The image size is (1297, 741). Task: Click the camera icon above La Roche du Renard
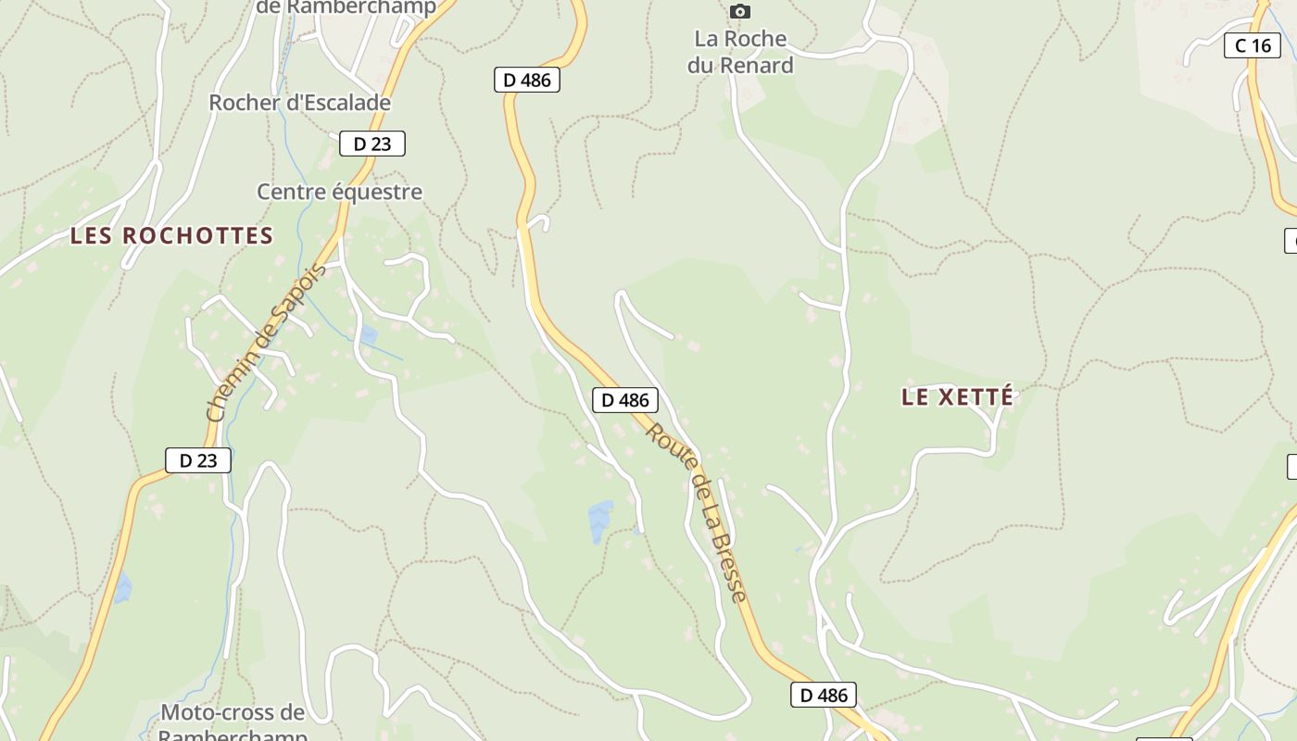(x=739, y=12)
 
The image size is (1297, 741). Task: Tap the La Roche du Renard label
(x=740, y=52)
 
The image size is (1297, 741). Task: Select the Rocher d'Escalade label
(x=299, y=103)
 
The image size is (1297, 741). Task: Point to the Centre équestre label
(x=339, y=192)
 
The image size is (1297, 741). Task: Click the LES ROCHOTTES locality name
(x=171, y=236)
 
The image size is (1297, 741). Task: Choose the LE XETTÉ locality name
(x=957, y=397)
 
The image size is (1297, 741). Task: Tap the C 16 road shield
(x=1253, y=45)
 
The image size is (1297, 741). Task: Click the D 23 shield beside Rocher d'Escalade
(x=371, y=144)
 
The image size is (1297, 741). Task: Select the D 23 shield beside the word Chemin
(x=197, y=460)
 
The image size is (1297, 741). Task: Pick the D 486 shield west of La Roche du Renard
(x=526, y=80)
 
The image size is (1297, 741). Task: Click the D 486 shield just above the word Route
(x=624, y=400)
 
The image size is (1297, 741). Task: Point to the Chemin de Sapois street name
(x=266, y=344)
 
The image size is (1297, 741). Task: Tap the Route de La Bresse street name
(x=697, y=511)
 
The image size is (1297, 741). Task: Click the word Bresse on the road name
(x=728, y=567)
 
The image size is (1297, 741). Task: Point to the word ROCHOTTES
(x=197, y=236)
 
